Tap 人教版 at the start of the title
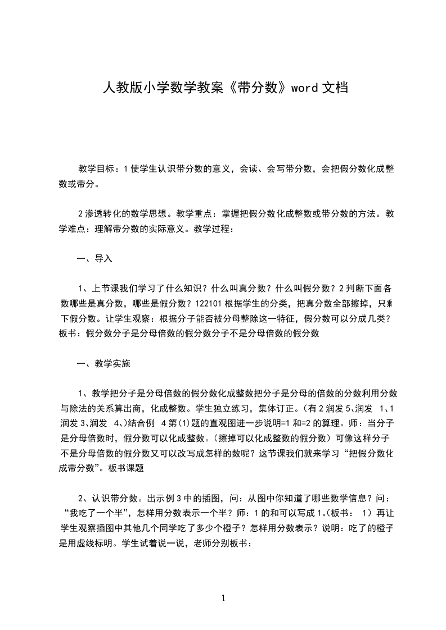click(x=117, y=87)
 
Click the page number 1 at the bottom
click(x=223, y=598)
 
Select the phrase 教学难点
click(x=76, y=229)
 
